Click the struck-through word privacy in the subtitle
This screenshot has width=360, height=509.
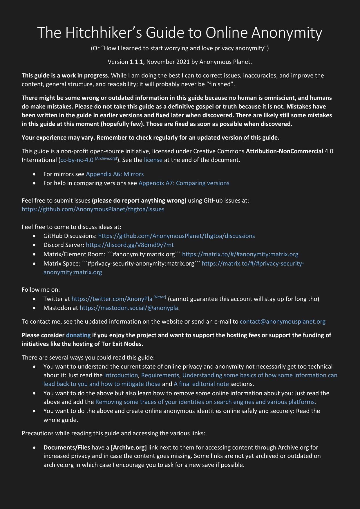click(x=224, y=48)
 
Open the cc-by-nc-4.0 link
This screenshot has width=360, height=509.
click(x=77, y=160)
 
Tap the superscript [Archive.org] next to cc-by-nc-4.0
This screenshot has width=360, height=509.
click(x=106, y=158)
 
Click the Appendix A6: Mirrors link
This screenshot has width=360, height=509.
click(x=115, y=174)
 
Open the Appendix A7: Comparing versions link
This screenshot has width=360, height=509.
click(x=184, y=183)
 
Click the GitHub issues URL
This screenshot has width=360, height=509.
click(x=93, y=209)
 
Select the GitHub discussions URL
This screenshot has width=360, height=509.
click(x=176, y=236)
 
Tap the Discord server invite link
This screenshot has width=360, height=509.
click(x=130, y=245)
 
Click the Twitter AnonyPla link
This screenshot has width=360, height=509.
click(x=112, y=299)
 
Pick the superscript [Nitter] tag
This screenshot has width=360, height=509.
click(x=160, y=297)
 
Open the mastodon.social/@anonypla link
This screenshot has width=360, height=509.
click(x=129, y=308)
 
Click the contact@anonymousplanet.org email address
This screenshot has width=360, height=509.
click(x=283, y=322)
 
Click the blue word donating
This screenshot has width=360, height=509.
click(x=78, y=335)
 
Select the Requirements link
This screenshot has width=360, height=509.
click(x=160, y=375)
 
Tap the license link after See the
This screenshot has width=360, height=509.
click(x=153, y=160)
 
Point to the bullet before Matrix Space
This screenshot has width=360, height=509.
click(x=35, y=264)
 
